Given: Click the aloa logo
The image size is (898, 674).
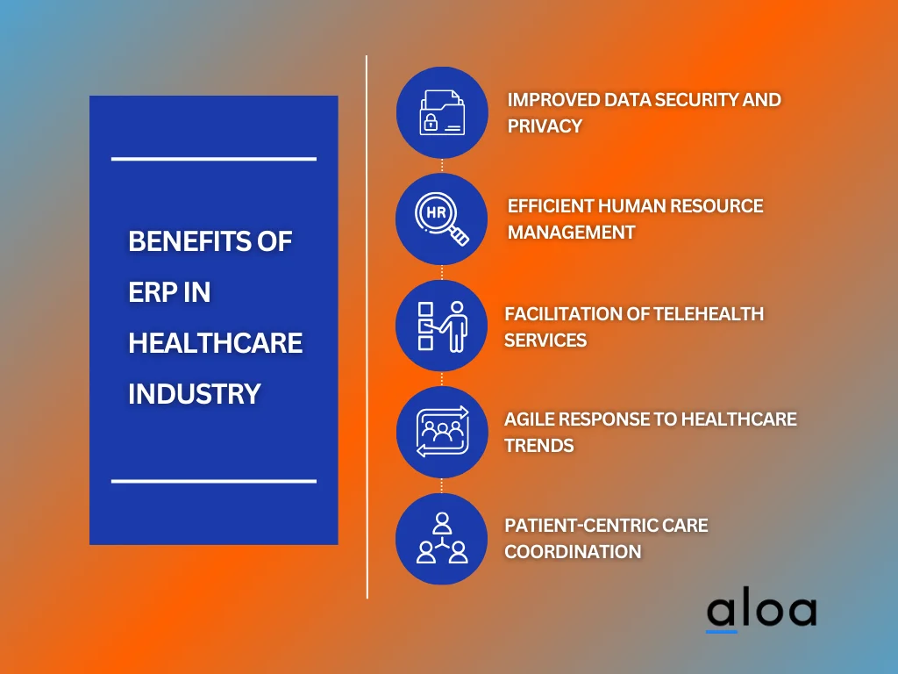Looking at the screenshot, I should point(761,612).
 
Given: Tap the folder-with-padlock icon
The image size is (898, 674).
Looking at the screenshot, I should point(442,113).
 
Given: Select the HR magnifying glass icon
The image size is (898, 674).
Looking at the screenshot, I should point(442,219).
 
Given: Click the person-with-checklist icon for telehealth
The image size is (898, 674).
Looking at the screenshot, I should point(442,326).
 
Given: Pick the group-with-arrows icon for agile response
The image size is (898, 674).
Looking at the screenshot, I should point(442,433).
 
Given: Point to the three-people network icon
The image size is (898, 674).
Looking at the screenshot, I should point(442,539).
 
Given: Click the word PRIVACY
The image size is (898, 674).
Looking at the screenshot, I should point(545,126).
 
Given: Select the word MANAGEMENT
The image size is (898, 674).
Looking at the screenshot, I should point(571,233).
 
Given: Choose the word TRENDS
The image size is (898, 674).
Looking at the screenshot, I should point(538,446).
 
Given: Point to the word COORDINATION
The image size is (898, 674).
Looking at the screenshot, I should point(572,552).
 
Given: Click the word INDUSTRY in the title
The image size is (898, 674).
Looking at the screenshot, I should point(194,394).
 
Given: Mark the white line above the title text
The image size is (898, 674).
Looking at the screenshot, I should point(213,159).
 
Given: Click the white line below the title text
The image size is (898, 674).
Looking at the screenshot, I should point(213,481).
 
